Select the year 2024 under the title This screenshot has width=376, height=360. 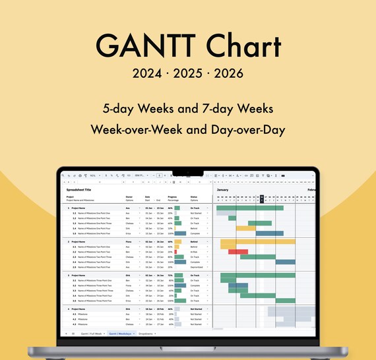point(148,73)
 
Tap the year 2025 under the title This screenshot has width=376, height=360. point(188,73)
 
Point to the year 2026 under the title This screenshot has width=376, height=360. point(228,73)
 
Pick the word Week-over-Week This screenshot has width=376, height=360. point(133,129)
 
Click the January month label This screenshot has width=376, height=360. point(222,189)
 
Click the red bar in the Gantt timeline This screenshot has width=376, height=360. point(238,251)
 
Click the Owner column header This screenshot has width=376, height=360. point(129,196)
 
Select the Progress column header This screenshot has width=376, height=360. point(173,196)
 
